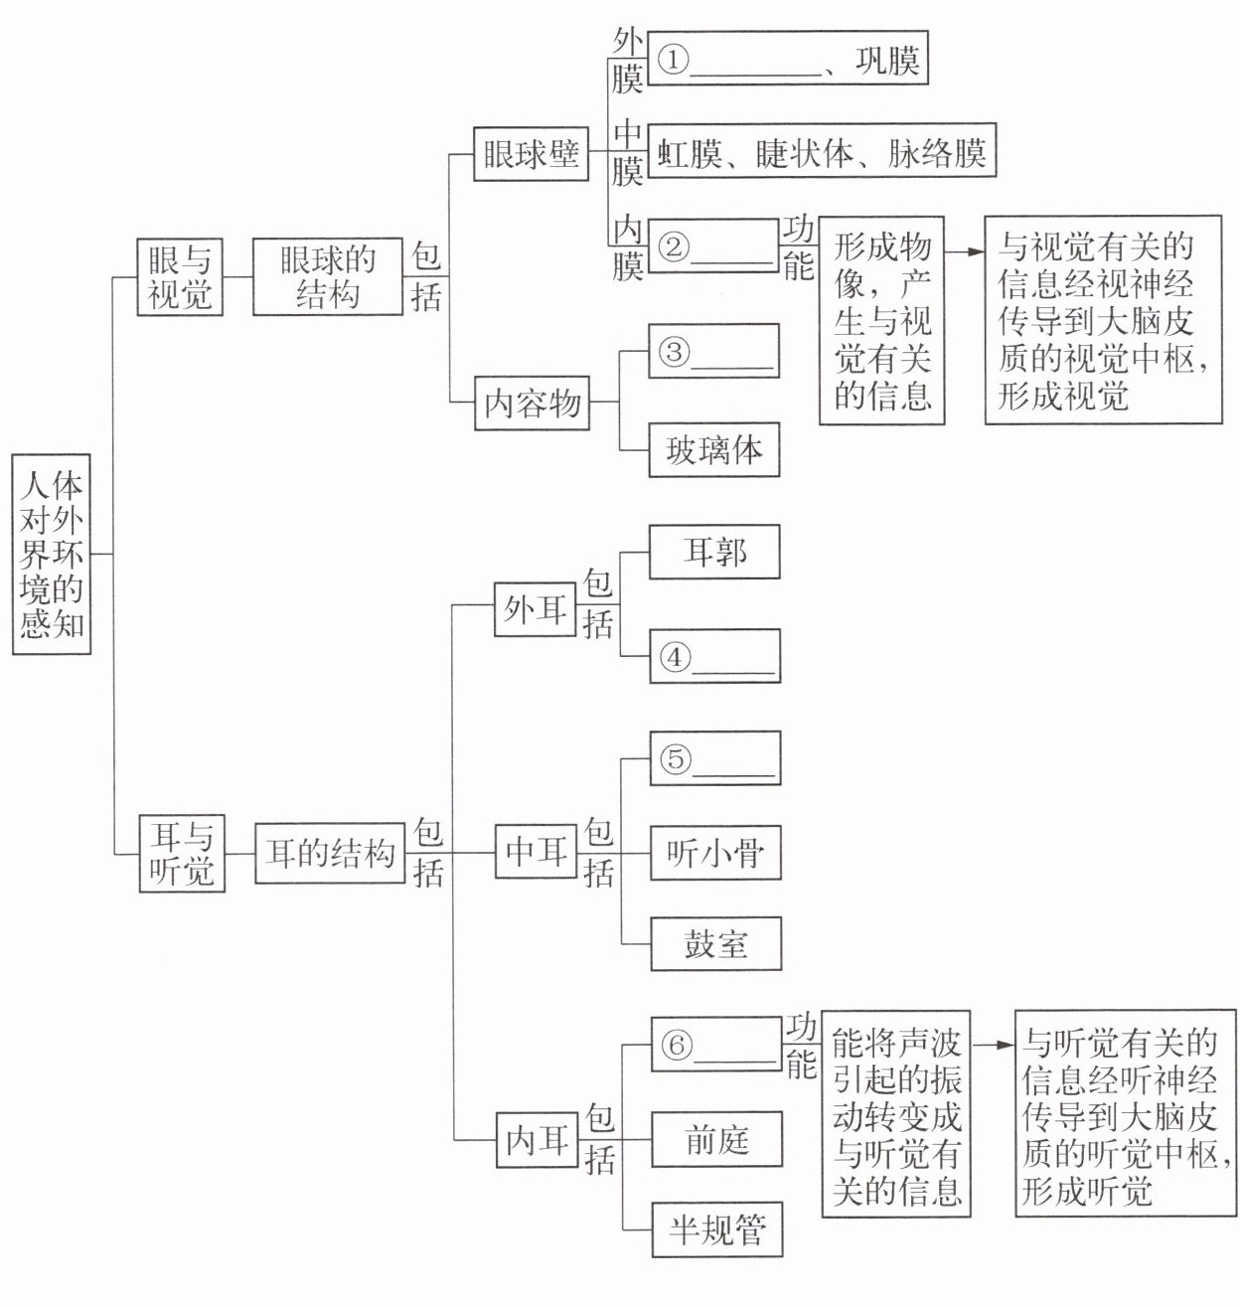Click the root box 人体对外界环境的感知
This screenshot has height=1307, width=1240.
pyautogui.click(x=52, y=555)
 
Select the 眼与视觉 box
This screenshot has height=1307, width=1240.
pyautogui.click(x=180, y=278)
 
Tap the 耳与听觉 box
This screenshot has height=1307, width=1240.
pyautogui.click(x=182, y=853)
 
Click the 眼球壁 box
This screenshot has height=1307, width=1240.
pyautogui.click(x=531, y=155)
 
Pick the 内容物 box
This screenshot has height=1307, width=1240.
pyautogui.click(x=532, y=404)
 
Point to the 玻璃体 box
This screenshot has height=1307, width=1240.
pyautogui.click(x=713, y=450)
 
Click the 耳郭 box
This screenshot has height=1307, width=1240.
pyautogui.click(x=713, y=552)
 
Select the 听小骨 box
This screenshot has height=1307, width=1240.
pyautogui.click(x=714, y=853)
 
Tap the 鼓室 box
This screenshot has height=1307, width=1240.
pyautogui.click(x=714, y=943)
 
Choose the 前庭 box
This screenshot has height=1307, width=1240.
pyautogui.click(x=715, y=1139)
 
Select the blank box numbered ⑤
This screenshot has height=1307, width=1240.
pyautogui.click(x=714, y=758)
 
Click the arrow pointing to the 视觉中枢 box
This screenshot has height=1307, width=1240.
pyautogui.click(x=963, y=251)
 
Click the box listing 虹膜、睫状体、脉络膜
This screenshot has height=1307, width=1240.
pyautogui.click(x=821, y=154)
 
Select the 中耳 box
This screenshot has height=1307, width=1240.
pyautogui.click(x=537, y=852)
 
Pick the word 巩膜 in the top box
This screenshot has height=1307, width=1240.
pyautogui.click(x=887, y=63)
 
